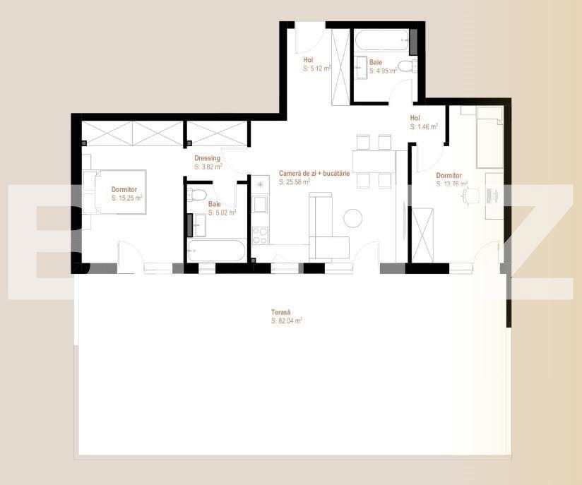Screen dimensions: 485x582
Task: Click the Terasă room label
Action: point(280,311)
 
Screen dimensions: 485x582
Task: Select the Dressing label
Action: point(207,158)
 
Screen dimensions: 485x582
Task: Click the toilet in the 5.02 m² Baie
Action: point(199,195)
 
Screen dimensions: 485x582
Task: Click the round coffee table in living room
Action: point(353,218)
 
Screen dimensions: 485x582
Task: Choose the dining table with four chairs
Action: point(374,162)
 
